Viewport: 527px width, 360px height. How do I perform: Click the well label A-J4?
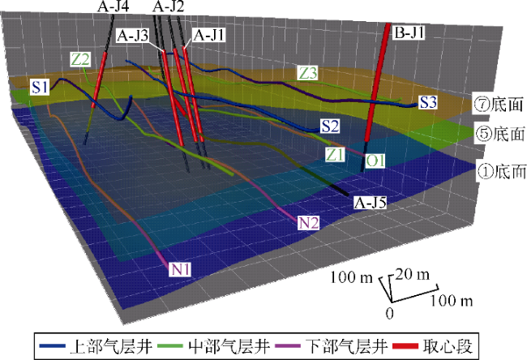click(114, 6)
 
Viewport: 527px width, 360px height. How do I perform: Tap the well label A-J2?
click(168, 6)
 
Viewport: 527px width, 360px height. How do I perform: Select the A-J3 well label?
click(132, 36)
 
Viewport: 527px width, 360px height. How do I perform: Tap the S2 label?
click(329, 126)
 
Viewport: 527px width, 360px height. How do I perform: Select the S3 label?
click(429, 102)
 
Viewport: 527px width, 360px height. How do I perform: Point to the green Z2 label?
click(80, 58)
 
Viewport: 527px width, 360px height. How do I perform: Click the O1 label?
click(375, 162)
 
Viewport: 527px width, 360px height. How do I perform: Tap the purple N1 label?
click(180, 269)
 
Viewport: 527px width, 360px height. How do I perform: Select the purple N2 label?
click(306, 221)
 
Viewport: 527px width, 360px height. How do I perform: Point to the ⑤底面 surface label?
click(494, 132)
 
